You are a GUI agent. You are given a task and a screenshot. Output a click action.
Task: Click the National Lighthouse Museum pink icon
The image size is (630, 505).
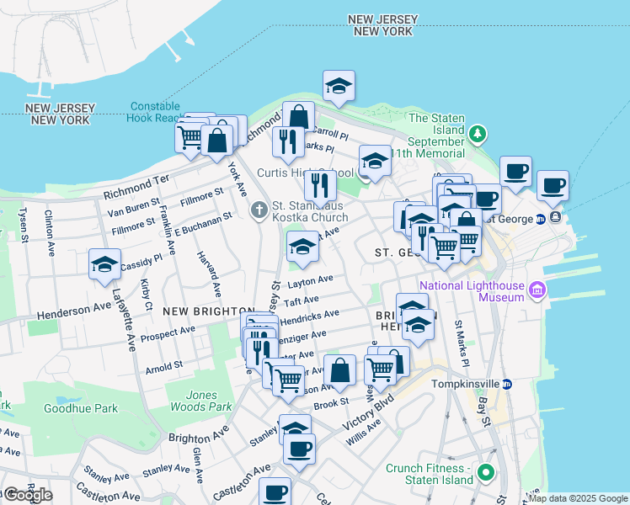pos(537,291)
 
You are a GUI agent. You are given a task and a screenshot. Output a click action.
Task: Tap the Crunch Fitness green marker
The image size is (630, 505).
pos(484,474)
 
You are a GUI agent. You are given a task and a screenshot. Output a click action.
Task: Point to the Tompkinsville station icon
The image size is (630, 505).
pos(506,384)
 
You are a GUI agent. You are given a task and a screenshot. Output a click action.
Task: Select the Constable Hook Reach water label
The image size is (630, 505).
pos(156,113)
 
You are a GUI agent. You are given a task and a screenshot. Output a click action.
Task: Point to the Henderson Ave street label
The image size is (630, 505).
pos(75,311)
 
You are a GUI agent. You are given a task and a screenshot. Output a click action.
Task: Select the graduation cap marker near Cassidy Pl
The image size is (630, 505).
pos(105,264)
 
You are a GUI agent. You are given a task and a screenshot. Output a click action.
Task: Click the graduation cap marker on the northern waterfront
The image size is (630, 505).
pos(339,86)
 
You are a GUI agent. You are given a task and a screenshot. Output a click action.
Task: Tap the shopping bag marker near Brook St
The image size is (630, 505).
pos(339,370)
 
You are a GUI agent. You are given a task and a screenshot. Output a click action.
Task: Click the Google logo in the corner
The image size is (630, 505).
pos(28,495)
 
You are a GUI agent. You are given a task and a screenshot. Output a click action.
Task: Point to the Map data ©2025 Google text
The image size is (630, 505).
pos(578,498)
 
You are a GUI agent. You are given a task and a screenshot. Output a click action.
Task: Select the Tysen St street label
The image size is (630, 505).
pos(23,225)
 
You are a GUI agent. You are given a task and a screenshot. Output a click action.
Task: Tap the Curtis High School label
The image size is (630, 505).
pos(294,173)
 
